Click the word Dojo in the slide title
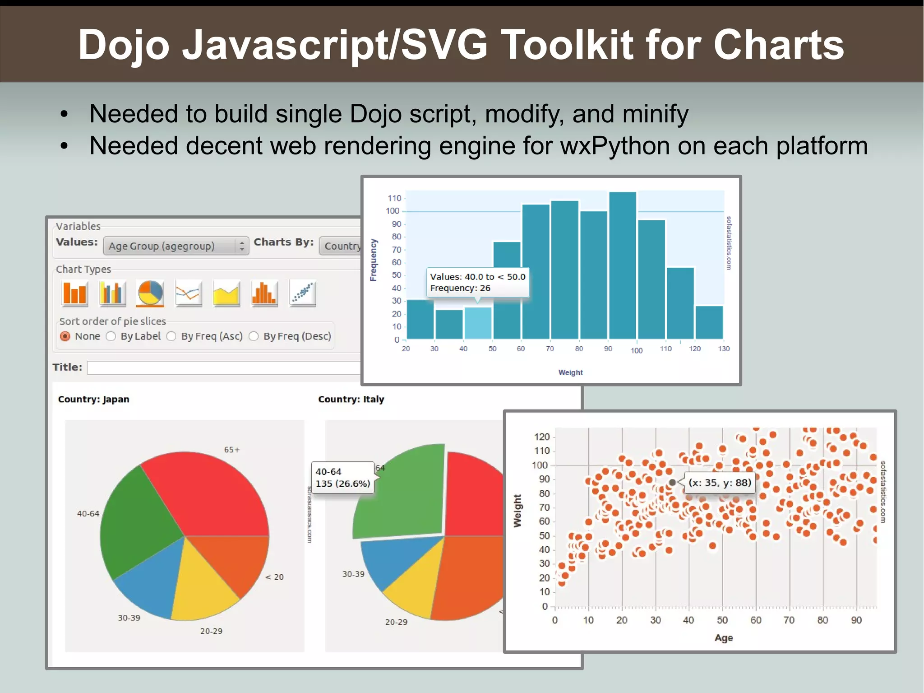point(124,45)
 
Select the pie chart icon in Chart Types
point(150,293)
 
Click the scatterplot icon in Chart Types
point(302,293)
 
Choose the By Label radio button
point(111,336)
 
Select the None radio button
point(65,336)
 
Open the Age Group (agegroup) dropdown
point(176,246)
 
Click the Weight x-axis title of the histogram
point(570,372)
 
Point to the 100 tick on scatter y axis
point(540,465)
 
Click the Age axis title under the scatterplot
point(723,638)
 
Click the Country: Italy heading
point(351,399)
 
